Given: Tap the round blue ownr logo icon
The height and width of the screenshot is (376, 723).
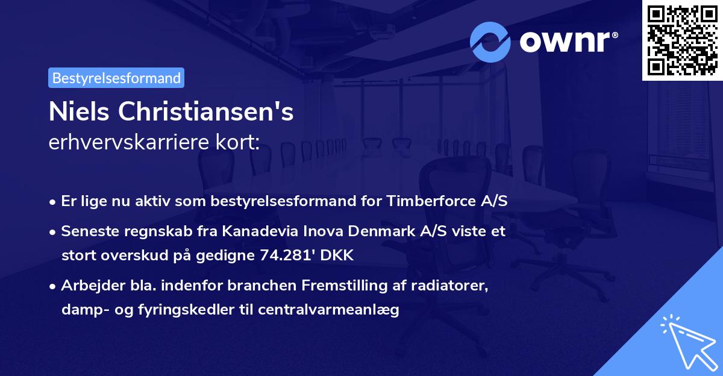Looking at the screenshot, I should click(490, 42).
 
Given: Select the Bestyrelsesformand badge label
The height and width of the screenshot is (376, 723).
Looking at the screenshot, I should click(116, 78).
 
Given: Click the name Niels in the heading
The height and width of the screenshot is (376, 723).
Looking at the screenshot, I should click(80, 112).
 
